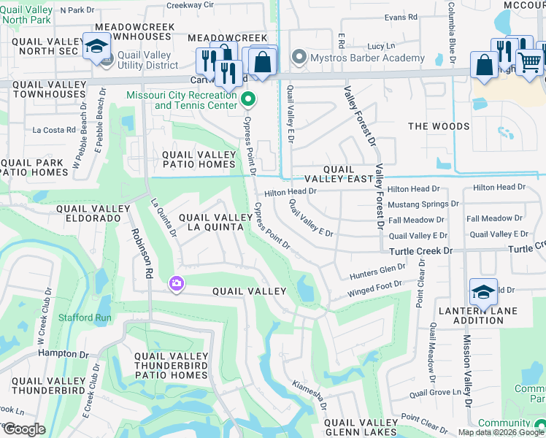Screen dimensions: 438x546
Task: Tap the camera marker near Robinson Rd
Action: [176, 283]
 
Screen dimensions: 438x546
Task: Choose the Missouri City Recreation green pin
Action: [247, 99]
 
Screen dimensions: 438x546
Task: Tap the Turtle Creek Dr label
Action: [421, 250]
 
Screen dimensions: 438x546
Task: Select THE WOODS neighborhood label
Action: [439, 126]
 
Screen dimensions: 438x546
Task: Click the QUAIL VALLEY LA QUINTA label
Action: [210, 222]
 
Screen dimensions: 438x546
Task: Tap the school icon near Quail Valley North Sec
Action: [96, 47]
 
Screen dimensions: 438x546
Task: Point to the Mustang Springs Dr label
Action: [423, 204]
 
